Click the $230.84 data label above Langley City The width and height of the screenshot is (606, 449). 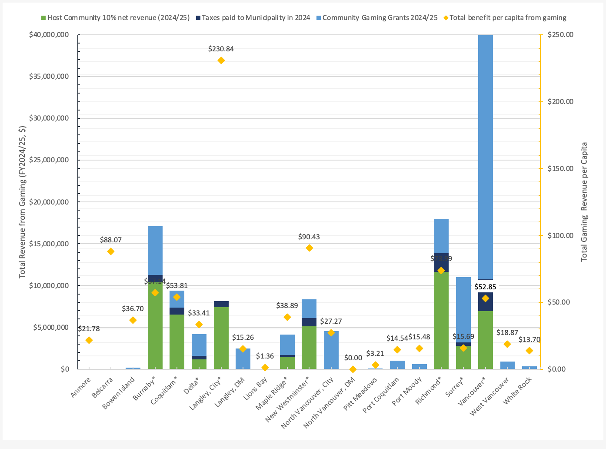point(221,49)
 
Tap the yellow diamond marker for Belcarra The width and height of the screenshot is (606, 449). point(111,251)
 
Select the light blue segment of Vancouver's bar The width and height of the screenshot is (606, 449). point(485,157)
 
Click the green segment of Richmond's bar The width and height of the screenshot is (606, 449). point(441,322)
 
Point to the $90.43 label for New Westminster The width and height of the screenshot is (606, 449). point(309,237)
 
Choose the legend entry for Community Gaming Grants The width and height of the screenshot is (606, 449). point(380,18)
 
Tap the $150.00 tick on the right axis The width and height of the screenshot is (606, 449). point(560,169)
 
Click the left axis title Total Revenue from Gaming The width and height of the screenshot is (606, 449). point(23,202)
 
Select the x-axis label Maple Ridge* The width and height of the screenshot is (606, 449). point(272,394)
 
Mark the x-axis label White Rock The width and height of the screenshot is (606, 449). point(517,391)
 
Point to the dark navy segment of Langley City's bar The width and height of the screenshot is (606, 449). point(221,304)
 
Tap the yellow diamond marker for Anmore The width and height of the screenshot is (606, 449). point(89,340)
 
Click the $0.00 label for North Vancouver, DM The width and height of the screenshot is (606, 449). point(353,358)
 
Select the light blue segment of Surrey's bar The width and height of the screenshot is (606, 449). point(463,309)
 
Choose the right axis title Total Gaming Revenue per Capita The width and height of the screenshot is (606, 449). point(584,202)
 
